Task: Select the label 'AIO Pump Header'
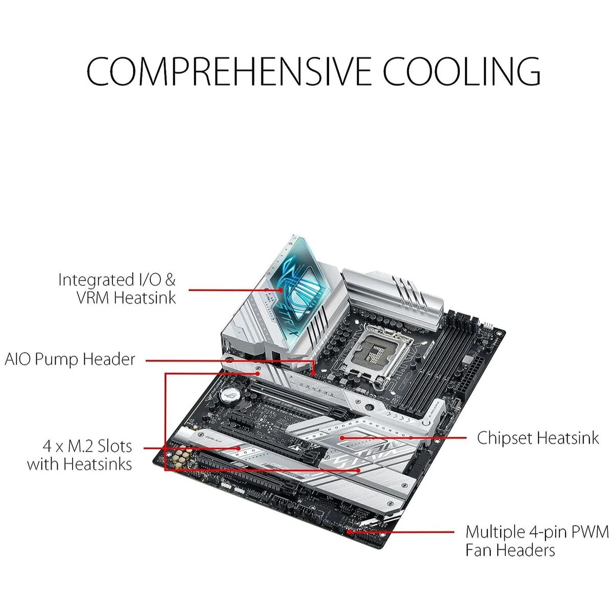point(69,360)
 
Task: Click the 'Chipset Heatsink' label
point(538,438)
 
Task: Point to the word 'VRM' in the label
point(92,298)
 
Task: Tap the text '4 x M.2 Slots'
point(87,446)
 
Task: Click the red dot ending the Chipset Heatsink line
point(342,438)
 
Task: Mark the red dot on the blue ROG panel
point(281,290)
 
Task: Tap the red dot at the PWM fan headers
point(349,532)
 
